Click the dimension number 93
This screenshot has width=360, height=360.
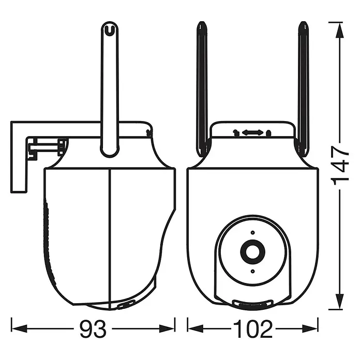(x=93, y=328)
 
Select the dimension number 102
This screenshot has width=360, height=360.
(x=253, y=328)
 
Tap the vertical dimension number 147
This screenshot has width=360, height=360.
(x=339, y=163)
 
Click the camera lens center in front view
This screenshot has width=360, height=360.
(x=252, y=251)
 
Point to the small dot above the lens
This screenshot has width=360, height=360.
(x=252, y=233)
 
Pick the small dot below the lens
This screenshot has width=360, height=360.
(x=252, y=272)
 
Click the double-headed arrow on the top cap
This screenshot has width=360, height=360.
(x=252, y=132)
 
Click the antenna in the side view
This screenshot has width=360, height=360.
(x=110, y=89)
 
